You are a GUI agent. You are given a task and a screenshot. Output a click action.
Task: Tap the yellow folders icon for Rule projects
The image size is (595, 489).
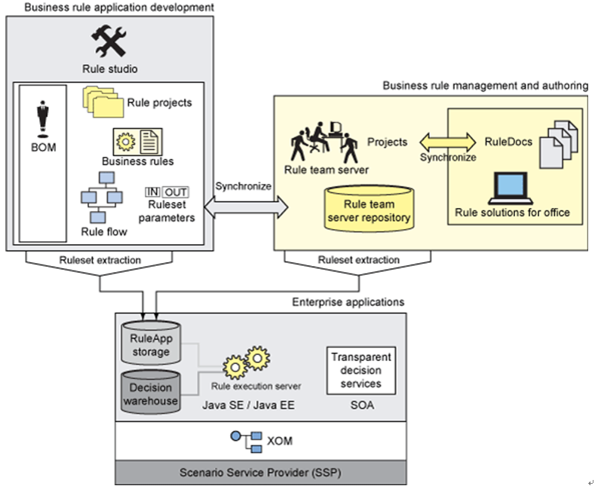[x=103, y=102]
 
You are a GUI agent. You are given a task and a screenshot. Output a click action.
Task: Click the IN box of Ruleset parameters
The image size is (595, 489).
[x=152, y=192]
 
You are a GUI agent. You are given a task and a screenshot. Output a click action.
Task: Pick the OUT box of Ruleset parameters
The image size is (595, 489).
[x=176, y=192]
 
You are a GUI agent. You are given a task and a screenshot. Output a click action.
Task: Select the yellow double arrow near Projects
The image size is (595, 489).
[x=448, y=141]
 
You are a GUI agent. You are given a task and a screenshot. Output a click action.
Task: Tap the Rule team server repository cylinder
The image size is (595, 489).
[x=370, y=209]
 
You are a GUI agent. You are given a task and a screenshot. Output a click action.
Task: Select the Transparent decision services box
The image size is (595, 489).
[x=361, y=370]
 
